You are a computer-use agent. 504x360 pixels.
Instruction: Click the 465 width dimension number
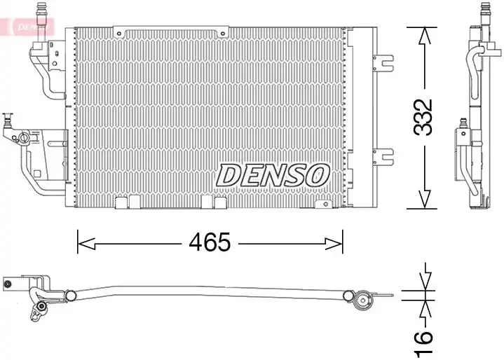pos(210,242)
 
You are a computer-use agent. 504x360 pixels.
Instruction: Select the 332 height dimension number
pos(423,117)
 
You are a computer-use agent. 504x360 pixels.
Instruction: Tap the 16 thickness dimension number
pos(423,345)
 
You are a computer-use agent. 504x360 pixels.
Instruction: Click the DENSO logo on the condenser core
pos(273,175)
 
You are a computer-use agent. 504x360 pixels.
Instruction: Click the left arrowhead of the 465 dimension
pos(86,244)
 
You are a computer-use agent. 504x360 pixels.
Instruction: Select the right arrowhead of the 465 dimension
pos(334,244)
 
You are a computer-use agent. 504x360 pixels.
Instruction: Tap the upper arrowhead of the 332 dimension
pos(424,36)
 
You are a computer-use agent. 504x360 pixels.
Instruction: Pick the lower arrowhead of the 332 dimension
pos(424,199)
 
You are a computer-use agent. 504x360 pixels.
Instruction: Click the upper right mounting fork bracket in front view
pos(384,63)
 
